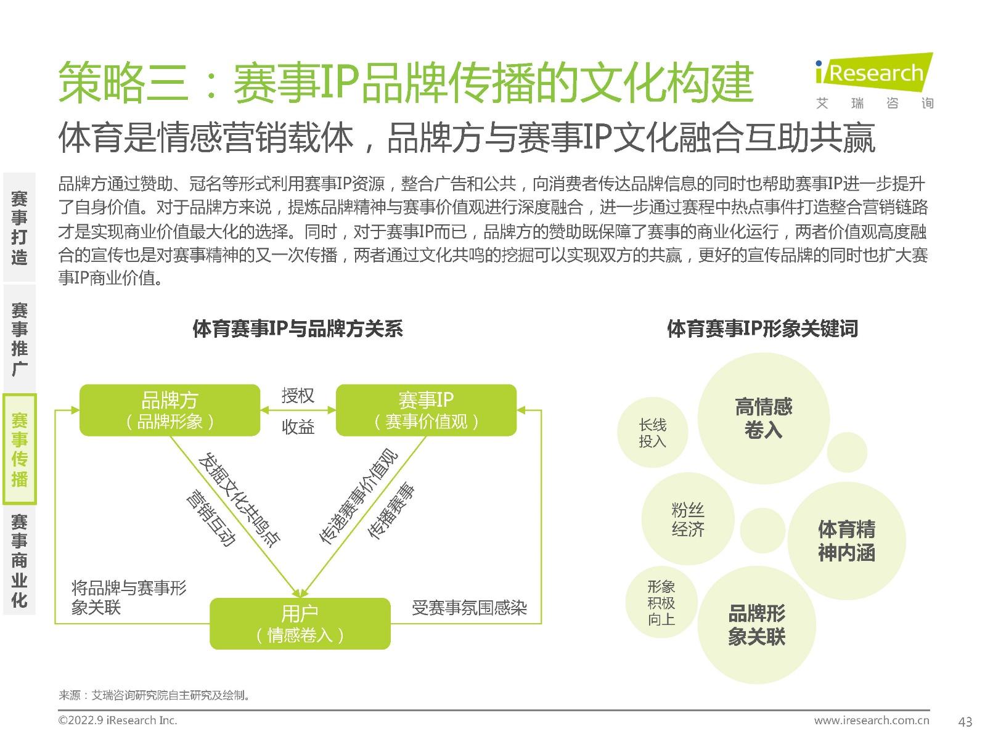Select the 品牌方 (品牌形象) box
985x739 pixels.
(x=170, y=410)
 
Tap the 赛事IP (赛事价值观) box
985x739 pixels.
(x=426, y=410)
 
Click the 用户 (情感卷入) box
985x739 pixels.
(x=300, y=623)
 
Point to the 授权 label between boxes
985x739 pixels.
(x=298, y=395)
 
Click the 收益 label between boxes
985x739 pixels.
(x=298, y=427)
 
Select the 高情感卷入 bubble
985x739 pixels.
(x=763, y=418)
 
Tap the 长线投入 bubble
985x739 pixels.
(x=652, y=432)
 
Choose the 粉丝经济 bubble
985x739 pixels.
(x=687, y=519)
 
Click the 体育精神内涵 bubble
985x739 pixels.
(x=846, y=541)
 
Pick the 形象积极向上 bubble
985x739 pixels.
(x=661, y=602)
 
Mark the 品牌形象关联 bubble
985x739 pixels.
(x=757, y=624)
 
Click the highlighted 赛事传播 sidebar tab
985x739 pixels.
(x=20, y=449)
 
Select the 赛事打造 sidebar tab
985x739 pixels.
(x=20, y=227)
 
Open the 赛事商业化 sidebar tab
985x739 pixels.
(x=20, y=560)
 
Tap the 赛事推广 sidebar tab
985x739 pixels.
(x=20, y=338)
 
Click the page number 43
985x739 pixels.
(x=965, y=722)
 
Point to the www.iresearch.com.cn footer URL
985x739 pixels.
(x=871, y=720)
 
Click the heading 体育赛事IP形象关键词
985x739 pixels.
(x=762, y=329)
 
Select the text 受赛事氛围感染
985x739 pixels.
(x=469, y=608)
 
